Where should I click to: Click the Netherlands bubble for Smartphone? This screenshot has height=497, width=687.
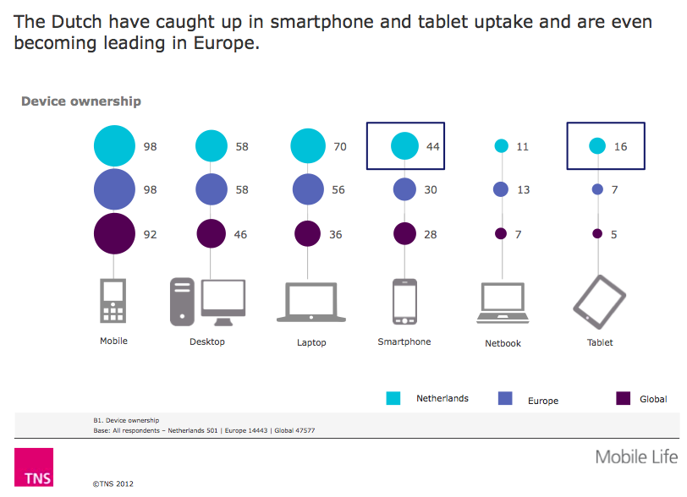tap(405, 146)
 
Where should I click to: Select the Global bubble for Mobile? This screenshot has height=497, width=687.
tap(114, 233)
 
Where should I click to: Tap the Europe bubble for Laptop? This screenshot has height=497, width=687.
tap(308, 189)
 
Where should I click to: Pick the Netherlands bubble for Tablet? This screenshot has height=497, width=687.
tap(596, 146)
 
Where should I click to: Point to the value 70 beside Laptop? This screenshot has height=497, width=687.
tap(340, 146)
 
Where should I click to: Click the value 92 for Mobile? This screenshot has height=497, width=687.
tap(151, 234)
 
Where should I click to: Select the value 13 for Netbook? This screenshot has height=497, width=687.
tap(523, 190)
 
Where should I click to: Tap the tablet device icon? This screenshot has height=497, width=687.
tap(599, 300)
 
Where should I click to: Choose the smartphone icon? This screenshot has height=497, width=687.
tap(404, 302)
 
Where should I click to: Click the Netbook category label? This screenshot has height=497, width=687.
tap(503, 343)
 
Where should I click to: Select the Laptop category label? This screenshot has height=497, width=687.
tap(311, 342)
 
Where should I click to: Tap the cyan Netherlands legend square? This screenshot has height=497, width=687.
tap(393, 398)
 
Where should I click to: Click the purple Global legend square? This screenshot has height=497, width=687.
tap(624, 398)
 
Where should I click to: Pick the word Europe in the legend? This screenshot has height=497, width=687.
tap(542, 401)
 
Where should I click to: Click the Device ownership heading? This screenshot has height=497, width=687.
tap(80, 101)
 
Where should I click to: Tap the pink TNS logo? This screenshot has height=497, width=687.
tap(34, 467)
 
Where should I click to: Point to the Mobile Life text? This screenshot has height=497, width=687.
tap(636, 457)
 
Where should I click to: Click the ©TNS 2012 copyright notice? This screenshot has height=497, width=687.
tap(113, 485)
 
